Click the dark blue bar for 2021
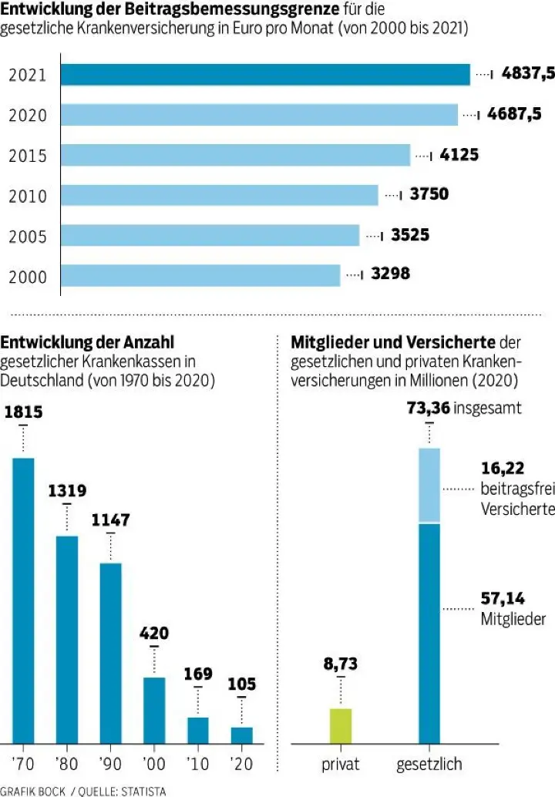265,75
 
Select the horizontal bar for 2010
220,195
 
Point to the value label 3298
390,274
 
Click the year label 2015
28,156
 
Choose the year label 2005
28,236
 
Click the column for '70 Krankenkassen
23,601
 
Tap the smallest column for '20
242,735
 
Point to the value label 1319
67,491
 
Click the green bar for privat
340,725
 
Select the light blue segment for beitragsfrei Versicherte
429,485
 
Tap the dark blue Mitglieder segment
429,632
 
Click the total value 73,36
429,407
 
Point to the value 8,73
340,663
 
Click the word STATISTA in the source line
143,790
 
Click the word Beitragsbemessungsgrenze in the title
254,11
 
